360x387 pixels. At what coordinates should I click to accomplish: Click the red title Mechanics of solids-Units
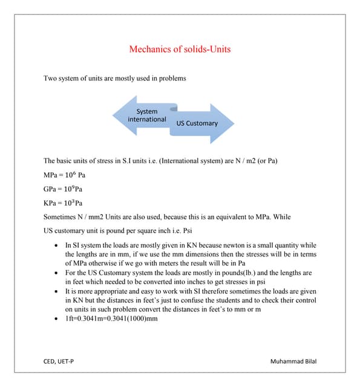click(x=180, y=49)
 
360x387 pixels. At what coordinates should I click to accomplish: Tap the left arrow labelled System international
click(x=146, y=116)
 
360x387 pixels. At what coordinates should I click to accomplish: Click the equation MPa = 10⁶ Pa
click(x=64, y=175)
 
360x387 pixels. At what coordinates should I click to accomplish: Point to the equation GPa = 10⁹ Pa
click(x=64, y=189)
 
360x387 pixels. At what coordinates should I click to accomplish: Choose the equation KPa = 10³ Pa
click(x=63, y=203)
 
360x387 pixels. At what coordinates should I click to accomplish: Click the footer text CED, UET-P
click(x=59, y=362)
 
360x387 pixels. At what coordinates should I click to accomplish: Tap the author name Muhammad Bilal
click(x=294, y=362)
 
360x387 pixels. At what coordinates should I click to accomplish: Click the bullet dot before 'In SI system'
click(x=56, y=246)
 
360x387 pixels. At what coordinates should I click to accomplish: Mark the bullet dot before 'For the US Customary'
click(x=56, y=273)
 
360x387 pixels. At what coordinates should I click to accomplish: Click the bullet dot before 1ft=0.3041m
click(x=56, y=318)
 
